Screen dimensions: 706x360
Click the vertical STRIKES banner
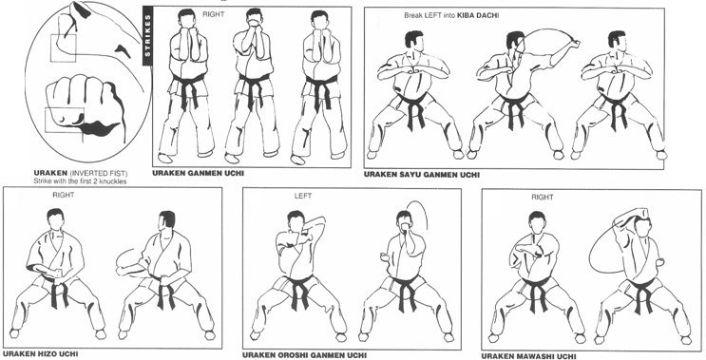click(148, 36)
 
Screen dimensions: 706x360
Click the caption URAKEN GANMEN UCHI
click(199, 173)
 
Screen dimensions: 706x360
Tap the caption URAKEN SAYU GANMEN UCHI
click(422, 175)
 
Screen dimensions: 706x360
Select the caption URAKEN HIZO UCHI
click(40, 354)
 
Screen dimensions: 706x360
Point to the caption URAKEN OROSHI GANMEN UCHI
click(304, 355)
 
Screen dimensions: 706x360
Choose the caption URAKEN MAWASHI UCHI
click(528, 356)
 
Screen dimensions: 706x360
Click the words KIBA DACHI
click(478, 16)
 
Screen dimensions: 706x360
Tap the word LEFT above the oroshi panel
click(302, 197)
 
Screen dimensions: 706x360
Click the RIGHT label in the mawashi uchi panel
click(543, 198)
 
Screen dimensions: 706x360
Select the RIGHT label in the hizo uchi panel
click(63, 195)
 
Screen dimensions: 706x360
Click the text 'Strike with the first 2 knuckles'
click(80, 181)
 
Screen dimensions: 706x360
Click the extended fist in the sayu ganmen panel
click(575, 44)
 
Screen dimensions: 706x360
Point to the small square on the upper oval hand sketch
click(63, 48)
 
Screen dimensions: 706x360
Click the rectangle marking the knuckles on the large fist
click(65, 120)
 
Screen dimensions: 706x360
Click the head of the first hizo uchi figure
click(55, 218)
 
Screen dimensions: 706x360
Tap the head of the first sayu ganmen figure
click(413, 41)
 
